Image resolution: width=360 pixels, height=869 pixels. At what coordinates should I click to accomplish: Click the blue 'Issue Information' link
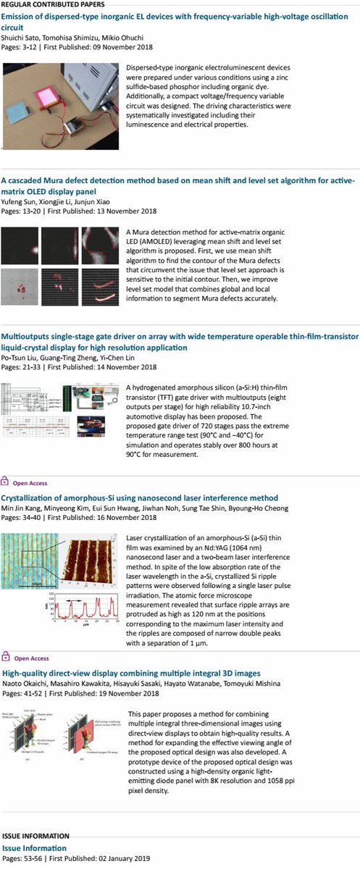(34, 847)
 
